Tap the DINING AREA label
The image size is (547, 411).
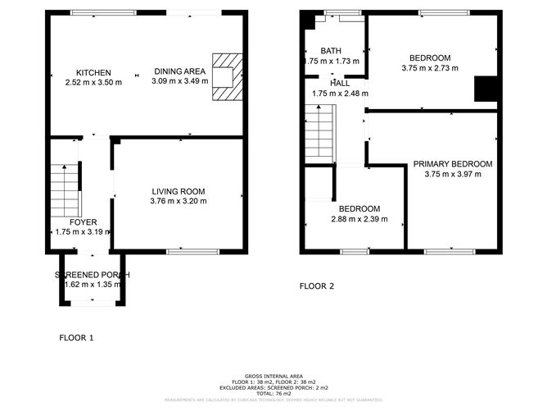click(x=179, y=71)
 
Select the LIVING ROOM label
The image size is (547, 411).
click(x=178, y=191)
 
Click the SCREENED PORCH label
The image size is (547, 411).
click(x=91, y=274)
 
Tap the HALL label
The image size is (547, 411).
click(x=340, y=84)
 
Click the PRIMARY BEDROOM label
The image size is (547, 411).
click(x=452, y=164)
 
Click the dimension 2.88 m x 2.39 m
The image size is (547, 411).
click(x=359, y=219)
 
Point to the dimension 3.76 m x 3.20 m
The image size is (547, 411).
click(x=179, y=201)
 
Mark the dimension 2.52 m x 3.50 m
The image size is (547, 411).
click(x=93, y=82)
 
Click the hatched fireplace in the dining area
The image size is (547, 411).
click(x=227, y=77)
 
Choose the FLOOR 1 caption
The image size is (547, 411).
click(x=77, y=337)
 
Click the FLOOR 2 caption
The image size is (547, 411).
click(x=317, y=286)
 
